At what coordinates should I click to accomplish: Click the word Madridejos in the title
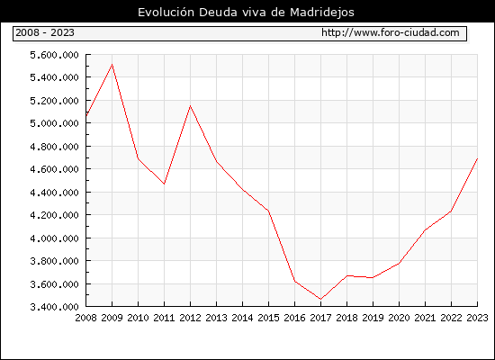(x=322, y=13)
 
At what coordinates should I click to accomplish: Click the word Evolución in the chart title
(x=166, y=12)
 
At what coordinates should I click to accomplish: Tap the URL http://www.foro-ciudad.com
(x=391, y=32)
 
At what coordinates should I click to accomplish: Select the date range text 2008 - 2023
(x=45, y=32)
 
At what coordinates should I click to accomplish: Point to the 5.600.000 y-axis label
(x=54, y=55)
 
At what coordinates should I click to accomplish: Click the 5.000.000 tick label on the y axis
(x=54, y=123)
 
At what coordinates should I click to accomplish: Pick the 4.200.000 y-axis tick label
(x=54, y=215)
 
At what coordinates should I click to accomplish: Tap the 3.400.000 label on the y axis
(x=54, y=307)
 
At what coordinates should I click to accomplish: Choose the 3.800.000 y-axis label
(x=54, y=261)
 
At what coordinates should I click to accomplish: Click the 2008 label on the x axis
(x=85, y=318)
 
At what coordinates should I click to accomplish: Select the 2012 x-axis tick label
(x=191, y=318)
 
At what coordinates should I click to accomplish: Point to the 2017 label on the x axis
(x=320, y=318)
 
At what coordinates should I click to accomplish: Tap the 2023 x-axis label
(x=477, y=318)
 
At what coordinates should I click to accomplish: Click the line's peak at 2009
(x=112, y=65)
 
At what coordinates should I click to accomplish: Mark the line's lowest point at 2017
(x=320, y=299)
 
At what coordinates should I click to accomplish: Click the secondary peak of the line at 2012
(x=191, y=106)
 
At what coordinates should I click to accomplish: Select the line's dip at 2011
(x=164, y=184)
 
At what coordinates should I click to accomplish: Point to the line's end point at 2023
(x=477, y=158)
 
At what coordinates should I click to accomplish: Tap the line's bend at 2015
(x=269, y=211)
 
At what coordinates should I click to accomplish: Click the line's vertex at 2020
(x=399, y=263)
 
